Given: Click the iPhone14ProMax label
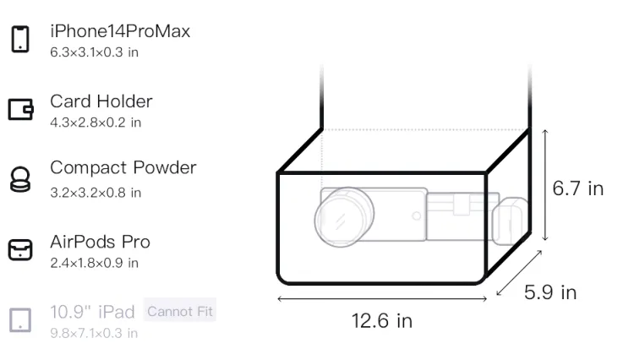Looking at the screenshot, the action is pos(120,31).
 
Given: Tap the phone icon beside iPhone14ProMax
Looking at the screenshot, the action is pos(20,39).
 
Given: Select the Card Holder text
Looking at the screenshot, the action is pos(101,101).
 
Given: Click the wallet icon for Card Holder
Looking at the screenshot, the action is pos(20,110).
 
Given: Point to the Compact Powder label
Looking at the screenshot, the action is pos(123,167).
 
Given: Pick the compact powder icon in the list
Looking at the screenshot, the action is pos(19,179).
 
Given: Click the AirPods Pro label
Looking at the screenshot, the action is pos(101,242).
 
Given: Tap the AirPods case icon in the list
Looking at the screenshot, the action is pos(20,249).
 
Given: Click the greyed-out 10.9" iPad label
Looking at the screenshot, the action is pos(92,312).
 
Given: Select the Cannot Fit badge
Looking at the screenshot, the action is pos(180,311).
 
